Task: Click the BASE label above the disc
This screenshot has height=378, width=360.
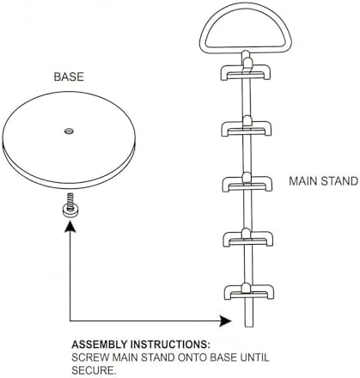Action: pos(69,76)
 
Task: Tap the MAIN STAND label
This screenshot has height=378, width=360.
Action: pos(323,181)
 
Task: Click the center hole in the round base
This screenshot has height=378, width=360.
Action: pos(69,131)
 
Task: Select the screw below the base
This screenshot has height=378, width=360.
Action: pos(70,206)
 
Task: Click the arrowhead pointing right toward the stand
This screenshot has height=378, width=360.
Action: pos(226,320)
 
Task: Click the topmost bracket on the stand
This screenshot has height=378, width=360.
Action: pos(245,72)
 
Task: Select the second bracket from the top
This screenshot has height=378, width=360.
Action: pos(246,128)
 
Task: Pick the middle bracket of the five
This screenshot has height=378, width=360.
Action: pos(247,184)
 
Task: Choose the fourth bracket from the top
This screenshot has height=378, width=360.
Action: pos(247,239)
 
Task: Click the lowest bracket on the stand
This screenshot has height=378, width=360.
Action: pos(249,292)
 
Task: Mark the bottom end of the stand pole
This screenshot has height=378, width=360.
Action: pos(249,326)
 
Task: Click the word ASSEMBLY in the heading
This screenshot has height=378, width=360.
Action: pos(99,344)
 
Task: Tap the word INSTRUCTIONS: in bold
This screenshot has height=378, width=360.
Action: pos(170,344)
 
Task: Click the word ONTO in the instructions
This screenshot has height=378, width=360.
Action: pos(192,357)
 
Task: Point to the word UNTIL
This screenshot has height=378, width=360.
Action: pos(255,357)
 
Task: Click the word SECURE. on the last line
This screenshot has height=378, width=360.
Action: pos(94,370)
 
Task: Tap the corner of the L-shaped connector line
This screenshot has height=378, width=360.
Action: pos(70,320)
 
